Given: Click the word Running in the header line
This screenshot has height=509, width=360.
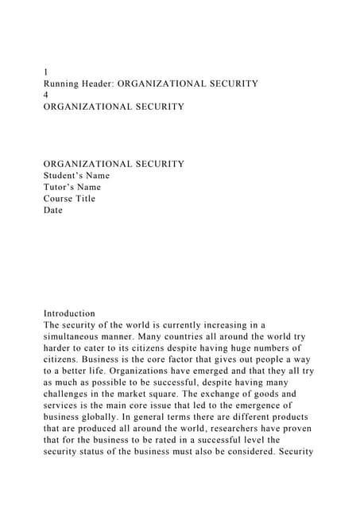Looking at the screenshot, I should (x=63, y=84).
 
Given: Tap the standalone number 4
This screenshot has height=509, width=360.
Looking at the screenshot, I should (x=46, y=95).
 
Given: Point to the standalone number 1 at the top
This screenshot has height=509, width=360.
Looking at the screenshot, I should (x=46, y=72).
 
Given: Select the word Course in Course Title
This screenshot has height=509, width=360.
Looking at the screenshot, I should (x=58, y=199).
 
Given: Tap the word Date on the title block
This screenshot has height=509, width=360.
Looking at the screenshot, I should (x=52, y=210).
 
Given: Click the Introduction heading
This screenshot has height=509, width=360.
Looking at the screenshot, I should (x=69, y=313).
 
